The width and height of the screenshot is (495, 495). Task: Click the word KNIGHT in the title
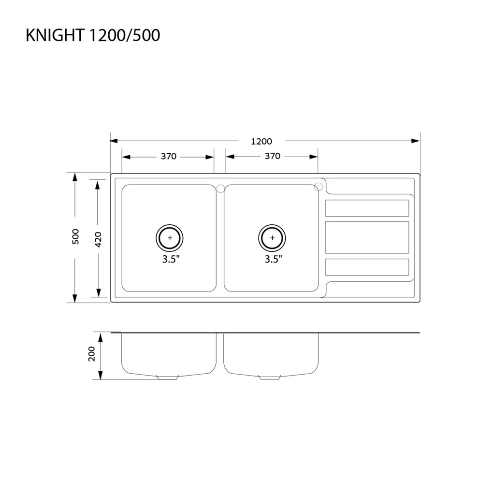pos(55,35)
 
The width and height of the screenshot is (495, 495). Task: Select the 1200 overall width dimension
pos(262,142)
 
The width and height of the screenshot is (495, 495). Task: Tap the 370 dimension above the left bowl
pos(169,157)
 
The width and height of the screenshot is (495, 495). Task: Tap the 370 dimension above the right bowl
pos(273,156)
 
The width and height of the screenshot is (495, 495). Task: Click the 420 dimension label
pos(98,240)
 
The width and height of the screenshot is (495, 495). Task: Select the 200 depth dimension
pos(91,354)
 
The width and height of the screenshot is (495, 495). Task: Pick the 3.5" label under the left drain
pos(171,260)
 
